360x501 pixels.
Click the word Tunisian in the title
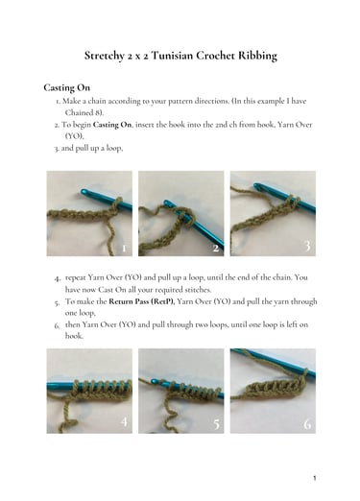[x=172, y=56]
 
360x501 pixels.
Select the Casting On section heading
[x=66, y=88]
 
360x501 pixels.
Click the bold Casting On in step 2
[x=112, y=125]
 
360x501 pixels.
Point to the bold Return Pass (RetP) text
[x=142, y=301]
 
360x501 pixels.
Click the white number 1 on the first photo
[x=124, y=249]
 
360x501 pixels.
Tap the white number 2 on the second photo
[x=216, y=248]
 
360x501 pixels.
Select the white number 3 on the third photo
[x=307, y=246]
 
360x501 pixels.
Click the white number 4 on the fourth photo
[x=124, y=421]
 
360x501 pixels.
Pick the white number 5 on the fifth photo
[x=216, y=424]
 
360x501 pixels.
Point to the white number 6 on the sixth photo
[x=307, y=424]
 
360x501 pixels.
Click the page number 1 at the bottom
[x=315, y=478]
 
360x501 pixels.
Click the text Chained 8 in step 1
[x=84, y=112]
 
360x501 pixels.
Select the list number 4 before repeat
[x=58, y=278]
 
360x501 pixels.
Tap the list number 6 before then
[x=57, y=325]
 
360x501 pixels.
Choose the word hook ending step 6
[x=74, y=336]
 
